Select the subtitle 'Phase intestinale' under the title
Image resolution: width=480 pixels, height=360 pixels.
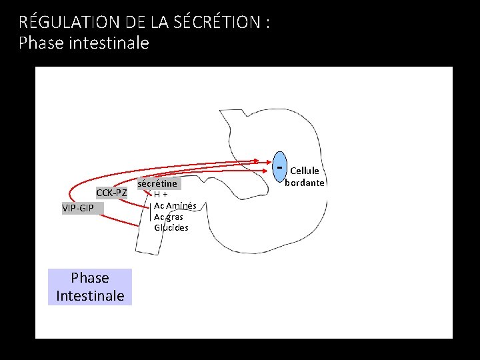(84, 43)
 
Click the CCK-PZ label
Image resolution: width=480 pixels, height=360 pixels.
(111, 193)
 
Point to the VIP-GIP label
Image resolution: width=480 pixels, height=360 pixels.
(78, 208)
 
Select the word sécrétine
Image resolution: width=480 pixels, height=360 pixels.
(158, 183)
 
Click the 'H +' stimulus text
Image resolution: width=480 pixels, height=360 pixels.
(161, 195)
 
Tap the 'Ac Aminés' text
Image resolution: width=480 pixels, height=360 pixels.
(175, 206)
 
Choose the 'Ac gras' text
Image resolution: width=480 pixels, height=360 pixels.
(169, 217)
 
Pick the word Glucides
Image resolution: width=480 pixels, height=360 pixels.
(171, 227)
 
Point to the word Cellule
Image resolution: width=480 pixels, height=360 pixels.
(304, 171)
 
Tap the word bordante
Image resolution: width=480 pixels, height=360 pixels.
(305, 183)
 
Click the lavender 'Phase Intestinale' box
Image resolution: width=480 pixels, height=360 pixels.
(90, 287)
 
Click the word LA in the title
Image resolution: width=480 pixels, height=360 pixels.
(160, 21)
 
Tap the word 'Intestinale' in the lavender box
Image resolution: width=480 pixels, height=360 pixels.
(90, 295)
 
